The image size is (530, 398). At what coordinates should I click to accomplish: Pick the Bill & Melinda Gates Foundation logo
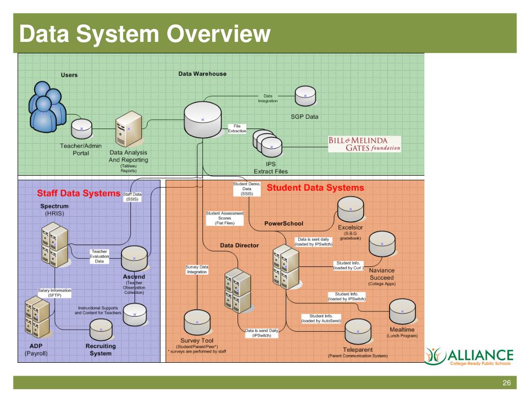pyautogui.click(x=364, y=144)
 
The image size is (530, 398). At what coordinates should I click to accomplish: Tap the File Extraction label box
pyautogui.click(x=238, y=129)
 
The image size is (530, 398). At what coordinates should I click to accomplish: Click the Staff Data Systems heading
pyautogui.click(x=78, y=193)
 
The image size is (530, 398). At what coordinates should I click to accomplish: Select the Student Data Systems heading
pyautogui.click(x=315, y=188)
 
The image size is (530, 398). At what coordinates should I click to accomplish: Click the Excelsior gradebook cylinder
pyautogui.click(x=350, y=209)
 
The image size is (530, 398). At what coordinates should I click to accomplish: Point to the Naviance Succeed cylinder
pyautogui.click(x=382, y=244)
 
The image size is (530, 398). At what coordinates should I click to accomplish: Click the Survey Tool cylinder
pyautogui.click(x=197, y=322)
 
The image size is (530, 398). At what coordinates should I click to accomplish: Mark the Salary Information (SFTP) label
pyautogui.click(x=54, y=293)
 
